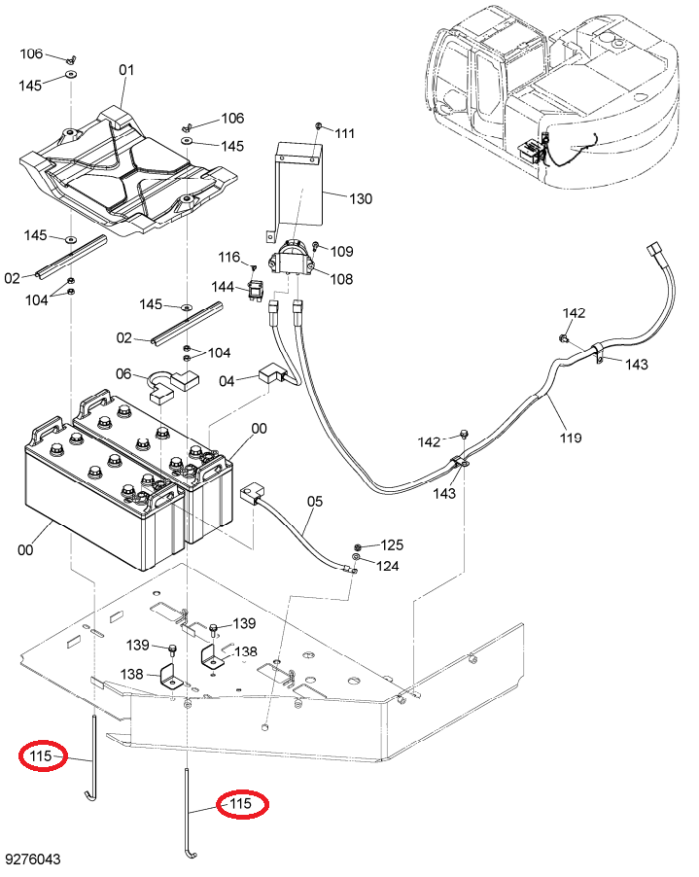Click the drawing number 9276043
tap(32, 859)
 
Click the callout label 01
tap(127, 70)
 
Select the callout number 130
tap(361, 198)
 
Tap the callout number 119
tap(571, 438)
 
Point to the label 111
tap(345, 133)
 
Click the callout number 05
tap(315, 501)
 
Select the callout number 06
tap(123, 373)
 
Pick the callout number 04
tap(227, 381)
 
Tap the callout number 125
tap(392, 544)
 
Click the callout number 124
tap(388, 566)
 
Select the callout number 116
tap(228, 258)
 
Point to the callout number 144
tap(223, 287)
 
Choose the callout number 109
tap(341, 251)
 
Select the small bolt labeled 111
tap(318, 126)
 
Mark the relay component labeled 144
tap(255, 292)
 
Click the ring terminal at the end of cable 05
tap(350, 571)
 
